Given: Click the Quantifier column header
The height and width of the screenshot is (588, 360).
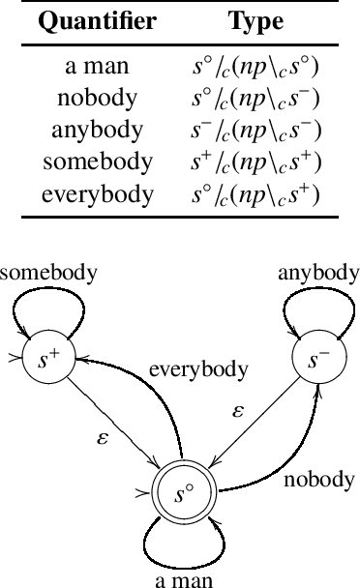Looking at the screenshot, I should pos(97,22).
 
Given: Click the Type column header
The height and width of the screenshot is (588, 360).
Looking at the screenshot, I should pos(255,22).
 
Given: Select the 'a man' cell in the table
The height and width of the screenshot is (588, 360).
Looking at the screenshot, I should pos(97,70).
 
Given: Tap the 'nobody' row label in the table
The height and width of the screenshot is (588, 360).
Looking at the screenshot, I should pos(97,101).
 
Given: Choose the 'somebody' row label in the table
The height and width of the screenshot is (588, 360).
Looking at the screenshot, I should pos(97,163).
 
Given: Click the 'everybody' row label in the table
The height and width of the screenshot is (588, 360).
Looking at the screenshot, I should pos(97,194).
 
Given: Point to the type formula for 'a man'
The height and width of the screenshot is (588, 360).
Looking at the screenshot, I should pos(255,70).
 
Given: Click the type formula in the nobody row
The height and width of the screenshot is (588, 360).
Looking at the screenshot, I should pos(255,101).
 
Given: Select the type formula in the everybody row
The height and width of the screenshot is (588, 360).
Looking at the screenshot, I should pos(255,194).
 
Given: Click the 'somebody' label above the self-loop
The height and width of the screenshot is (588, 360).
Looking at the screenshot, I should pos(48,272).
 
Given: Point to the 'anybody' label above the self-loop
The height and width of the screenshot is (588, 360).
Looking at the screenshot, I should pos(317,272).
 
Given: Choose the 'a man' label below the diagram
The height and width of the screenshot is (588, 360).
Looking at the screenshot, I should pos(183,578).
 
